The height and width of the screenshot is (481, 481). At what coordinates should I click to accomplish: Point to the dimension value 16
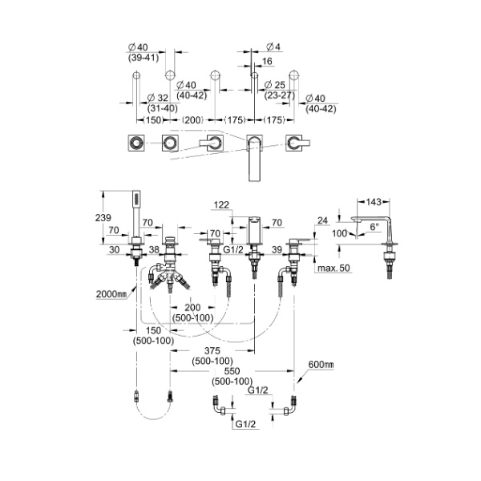pyautogui.click(x=266, y=60)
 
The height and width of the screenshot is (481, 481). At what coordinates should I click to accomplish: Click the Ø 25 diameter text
pyautogui.click(x=277, y=84)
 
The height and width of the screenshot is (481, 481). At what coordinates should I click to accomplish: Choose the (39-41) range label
pyautogui.click(x=141, y=58)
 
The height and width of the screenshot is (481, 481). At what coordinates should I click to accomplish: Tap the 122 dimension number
pyautogui.click(x=223, y=204)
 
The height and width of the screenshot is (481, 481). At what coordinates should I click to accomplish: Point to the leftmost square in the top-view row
pyautogui.click(x=134, y=143)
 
